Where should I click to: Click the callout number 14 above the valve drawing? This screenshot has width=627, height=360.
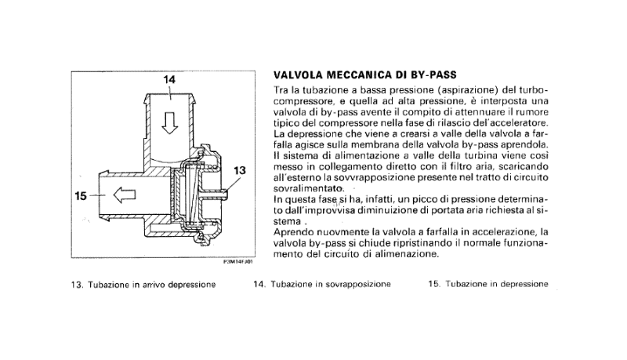click(169, 80)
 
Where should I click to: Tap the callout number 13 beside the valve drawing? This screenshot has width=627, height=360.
click(240, 170)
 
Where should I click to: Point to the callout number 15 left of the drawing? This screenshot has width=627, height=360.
click(80, 198)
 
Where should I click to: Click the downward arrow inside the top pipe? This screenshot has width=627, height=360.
click(169, 122)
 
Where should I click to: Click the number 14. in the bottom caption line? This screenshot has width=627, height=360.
click(260, 285)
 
